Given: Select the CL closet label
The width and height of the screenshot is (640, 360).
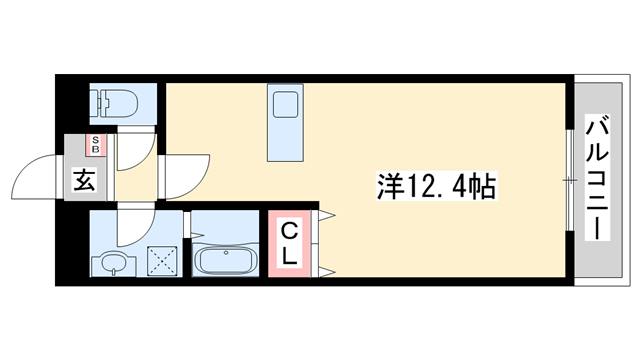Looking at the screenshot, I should (288, 243).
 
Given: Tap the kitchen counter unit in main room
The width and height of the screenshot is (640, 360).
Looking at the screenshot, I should (285, 123).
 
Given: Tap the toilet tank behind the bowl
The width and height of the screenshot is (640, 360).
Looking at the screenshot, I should (99, 102).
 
